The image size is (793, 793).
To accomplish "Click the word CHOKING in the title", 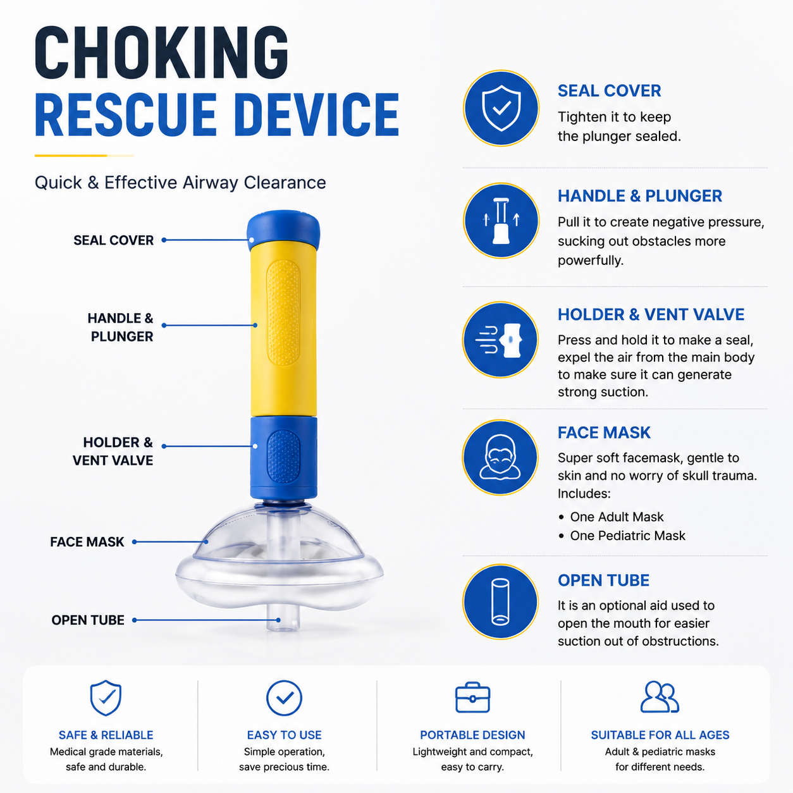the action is pos(161,52).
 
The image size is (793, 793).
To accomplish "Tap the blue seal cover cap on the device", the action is pos(283,230).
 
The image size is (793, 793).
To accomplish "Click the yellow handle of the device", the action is pos(283,328).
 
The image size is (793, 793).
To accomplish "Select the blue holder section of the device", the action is pos(283,458).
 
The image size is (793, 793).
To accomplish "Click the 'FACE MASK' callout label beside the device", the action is pos(87,541).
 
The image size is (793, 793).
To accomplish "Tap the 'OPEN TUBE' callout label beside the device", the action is pos(88,620).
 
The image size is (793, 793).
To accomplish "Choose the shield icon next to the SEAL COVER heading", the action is pos(501,108).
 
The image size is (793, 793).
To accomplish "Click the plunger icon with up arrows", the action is pos(501,221).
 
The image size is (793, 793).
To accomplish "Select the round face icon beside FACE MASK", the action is pos(500,457).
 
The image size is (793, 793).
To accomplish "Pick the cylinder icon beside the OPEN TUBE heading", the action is pos(500,601).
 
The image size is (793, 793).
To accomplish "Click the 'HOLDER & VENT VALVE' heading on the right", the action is pos(651,314).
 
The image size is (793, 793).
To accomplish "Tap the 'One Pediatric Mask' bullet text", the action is pos(627,536).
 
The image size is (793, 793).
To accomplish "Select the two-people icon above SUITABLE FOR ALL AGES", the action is pos(660,697).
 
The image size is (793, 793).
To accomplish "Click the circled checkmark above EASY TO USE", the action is pos(284,698).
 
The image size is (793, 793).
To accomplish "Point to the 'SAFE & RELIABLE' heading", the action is pos(106,735).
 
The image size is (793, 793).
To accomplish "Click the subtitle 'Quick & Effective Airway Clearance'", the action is pos(180,183).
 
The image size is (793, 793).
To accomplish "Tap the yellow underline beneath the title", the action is pos(84,156).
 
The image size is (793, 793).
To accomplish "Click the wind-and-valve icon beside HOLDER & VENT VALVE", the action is pos(500,340).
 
